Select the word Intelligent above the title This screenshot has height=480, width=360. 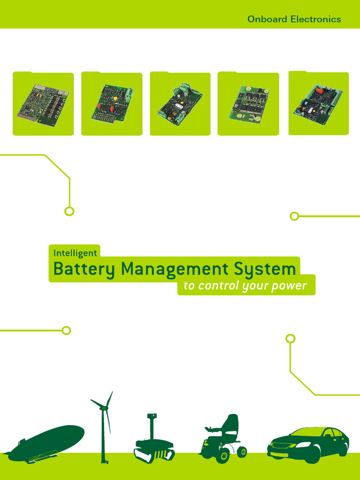[x=75, y=253]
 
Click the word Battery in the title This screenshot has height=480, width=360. [x=84, y=270]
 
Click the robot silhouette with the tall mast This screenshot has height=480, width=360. [x=153, y=445]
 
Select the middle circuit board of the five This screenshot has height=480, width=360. [x=180, y=105]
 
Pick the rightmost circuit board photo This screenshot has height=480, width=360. [x=318, y=104]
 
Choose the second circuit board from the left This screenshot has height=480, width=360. [x=112, y=105]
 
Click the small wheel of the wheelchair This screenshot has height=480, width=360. [x=242, y=452]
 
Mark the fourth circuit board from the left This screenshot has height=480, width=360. [x=248, y=105]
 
